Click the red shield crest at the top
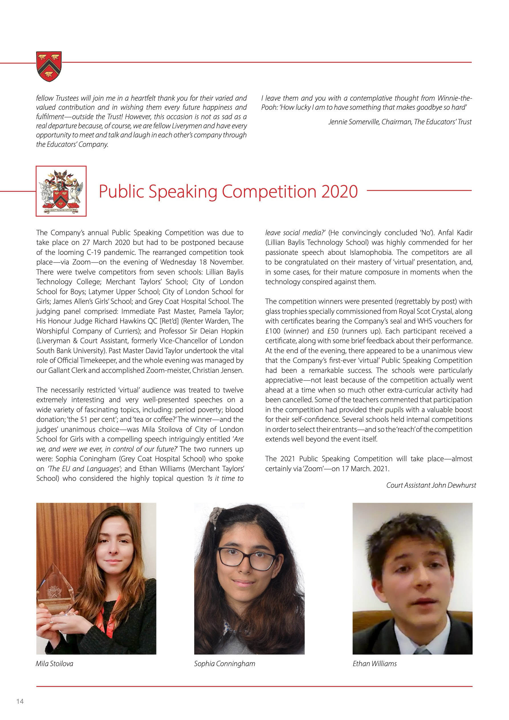pyautogui.click(x=49, y=66)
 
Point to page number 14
pyautogui.click(x=20, y=701)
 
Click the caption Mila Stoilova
pyautogui.click(x=54, y=664)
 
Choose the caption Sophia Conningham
pyautogui.click(x=225, y=664)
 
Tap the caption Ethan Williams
pyautogui.click(x=374, y=664)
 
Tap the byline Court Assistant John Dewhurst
pyautogui.click(x=431, y=485)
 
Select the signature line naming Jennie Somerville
pyautogui.click(x=400, y=122)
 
